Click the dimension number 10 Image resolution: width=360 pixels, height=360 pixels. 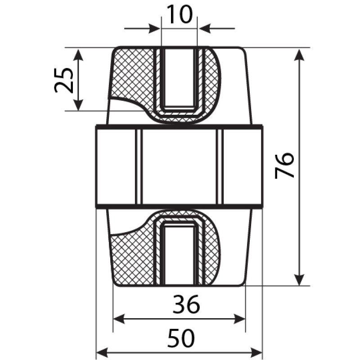[179, 14]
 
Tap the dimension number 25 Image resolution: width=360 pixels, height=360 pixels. [63, 80]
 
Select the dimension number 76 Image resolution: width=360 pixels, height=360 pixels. [284, 166]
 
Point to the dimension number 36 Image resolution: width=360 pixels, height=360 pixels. [186, 305]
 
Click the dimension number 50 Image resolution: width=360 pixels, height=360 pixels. [181, 338]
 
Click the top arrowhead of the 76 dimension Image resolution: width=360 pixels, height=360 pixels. [299, 55]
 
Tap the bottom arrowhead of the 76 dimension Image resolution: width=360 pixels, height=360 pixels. [299, 279]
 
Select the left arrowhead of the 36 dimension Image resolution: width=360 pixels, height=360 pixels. [119, 319]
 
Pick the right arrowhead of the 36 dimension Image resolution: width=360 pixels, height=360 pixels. [239, 319]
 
